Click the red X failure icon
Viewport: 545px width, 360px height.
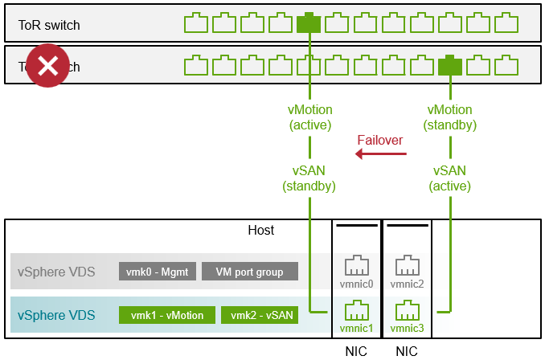click(48, 66)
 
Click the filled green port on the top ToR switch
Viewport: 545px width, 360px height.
click(309, 23)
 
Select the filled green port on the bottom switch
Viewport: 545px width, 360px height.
click(449, 65)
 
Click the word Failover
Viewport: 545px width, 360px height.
click(380, 140)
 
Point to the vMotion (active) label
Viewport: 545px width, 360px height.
click(309, 117)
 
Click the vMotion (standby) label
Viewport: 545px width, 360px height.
click(449, 117)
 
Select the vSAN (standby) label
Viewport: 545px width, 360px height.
click(309, 178)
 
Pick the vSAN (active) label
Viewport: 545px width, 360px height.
click(449, 178)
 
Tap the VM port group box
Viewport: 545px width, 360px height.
click(249, 272)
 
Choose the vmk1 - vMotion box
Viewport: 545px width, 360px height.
click(166, 315)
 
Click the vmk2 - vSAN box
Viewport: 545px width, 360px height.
click(259, 315)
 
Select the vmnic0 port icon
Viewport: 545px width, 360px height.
click(356, 268)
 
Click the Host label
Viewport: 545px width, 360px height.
click(260, 231)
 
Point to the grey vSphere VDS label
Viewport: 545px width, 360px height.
click(56, 272)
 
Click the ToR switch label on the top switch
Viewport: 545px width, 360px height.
click(49, 25)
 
